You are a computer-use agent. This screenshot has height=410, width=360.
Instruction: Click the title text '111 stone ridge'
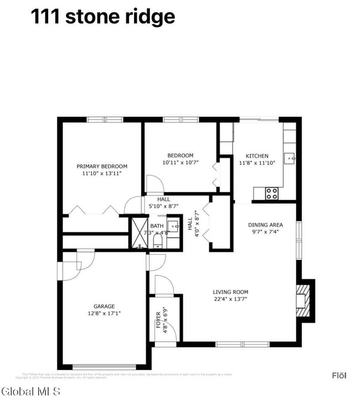point(102,17)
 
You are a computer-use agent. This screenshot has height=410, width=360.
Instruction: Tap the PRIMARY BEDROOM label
point(102,166)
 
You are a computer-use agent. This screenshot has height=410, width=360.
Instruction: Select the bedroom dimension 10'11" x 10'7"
point(181,163)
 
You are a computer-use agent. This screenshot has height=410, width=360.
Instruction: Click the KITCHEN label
point(257,156)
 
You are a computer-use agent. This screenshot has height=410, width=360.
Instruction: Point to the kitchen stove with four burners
point(272,193)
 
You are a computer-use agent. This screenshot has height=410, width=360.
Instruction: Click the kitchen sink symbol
point(290,158)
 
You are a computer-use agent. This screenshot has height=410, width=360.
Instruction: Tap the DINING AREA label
point(265,225)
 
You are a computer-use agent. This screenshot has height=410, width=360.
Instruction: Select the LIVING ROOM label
point(230,292)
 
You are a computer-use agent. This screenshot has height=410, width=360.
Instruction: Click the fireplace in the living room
point(302,300)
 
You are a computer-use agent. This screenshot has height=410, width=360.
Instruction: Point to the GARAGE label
point(104,306)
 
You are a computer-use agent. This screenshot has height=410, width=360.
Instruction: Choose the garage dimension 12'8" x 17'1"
point(104,314)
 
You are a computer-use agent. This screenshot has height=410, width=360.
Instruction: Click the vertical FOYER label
point(158,320)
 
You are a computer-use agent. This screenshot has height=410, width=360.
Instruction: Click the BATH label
point(157,226)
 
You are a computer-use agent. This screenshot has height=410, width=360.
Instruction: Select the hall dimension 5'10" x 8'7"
point(163,206)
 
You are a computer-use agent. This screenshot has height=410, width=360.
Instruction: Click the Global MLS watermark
point(31,392)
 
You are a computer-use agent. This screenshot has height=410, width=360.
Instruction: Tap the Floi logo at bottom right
point(339,376)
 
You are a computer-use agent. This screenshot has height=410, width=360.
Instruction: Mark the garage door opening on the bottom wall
point(105,366)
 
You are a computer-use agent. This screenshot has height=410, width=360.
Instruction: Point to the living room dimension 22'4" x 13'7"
point(230,299)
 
